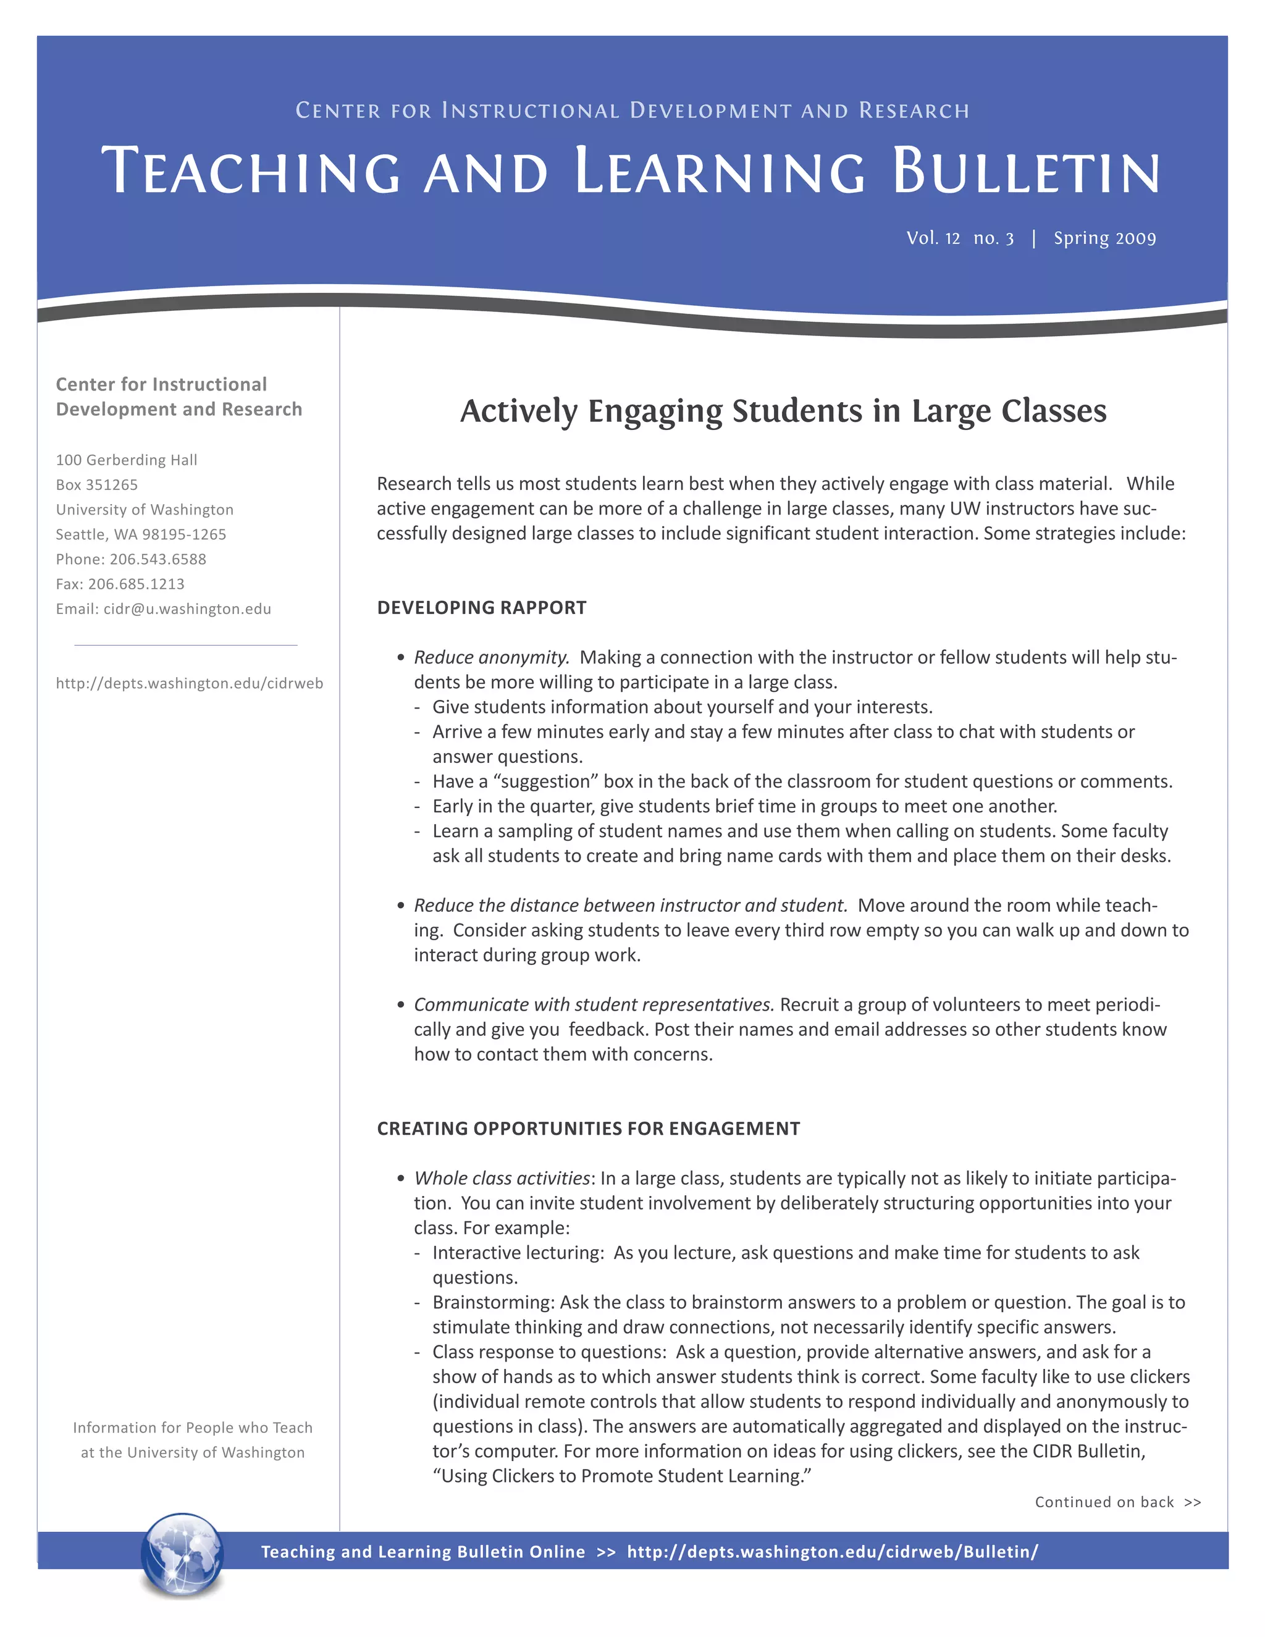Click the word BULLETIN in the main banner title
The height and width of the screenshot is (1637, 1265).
click(1026, 172)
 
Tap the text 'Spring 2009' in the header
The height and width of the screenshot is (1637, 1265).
click(1104, 238)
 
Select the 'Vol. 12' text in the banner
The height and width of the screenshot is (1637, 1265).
click(932, 238)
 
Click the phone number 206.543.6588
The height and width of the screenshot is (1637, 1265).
click(158, 559)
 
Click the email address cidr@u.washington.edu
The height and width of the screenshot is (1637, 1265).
click(187, 608)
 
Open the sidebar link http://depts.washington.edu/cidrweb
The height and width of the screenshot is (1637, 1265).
click(190, 683)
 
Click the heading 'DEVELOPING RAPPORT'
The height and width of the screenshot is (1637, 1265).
click(481, 607)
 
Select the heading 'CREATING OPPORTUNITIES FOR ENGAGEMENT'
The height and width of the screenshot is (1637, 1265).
click(588, 1128)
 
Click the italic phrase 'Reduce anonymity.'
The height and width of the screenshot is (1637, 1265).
click(492, 657)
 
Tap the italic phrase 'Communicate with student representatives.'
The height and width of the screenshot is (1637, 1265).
click(594, 1004)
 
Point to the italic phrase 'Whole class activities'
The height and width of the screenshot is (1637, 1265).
click(502, 1177)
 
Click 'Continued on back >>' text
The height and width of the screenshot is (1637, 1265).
click(1117, 1502)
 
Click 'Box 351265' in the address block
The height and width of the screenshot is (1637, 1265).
click(97, 485)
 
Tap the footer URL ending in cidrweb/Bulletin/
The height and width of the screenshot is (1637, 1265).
click(832, 1552)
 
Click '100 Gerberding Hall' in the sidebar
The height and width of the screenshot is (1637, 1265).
click(127, 460)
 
